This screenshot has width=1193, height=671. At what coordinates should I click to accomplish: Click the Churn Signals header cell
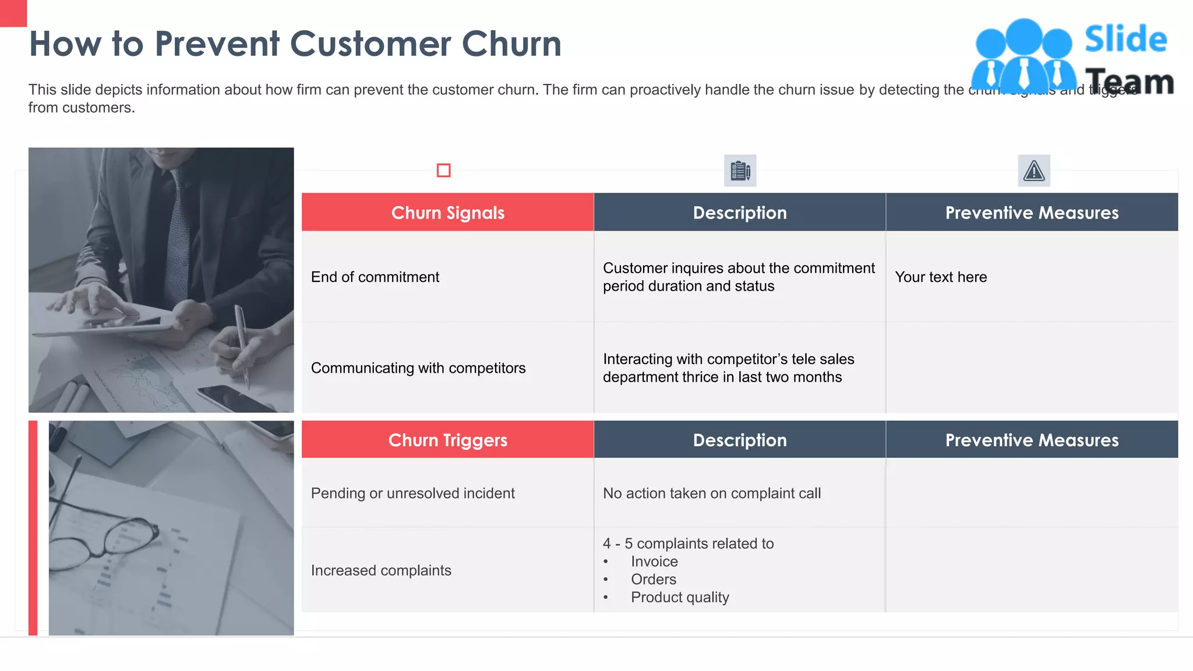[x=447, y=213]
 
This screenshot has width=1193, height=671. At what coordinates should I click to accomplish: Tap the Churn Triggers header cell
[x=447, y=440]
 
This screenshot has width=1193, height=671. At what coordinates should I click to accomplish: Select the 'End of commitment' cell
[x=375, y=277]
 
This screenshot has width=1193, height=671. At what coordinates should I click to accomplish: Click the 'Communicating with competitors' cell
[x=418, y=368]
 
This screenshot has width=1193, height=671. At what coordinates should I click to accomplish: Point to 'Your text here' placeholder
[x=941, y=277]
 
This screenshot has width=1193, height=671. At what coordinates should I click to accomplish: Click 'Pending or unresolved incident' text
[x=412, y=493]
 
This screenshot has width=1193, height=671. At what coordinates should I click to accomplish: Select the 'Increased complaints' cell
[x=381, y=570]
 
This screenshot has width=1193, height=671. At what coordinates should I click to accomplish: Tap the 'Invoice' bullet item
[x=654, y=561]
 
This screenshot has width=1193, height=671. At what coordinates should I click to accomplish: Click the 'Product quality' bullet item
[x=680, y=598]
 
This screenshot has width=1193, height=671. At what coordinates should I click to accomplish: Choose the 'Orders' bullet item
[x=654, y=580]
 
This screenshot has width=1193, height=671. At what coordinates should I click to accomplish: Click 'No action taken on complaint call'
[x=711, y=493]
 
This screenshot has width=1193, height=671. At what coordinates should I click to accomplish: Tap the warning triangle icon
[x=1034, y=171]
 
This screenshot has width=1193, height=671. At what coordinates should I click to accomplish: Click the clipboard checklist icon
[x=740, y=171]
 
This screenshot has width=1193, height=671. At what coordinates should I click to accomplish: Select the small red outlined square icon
[x=443, y=170]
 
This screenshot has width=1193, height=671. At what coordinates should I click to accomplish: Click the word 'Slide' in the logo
[x=1125, y=40]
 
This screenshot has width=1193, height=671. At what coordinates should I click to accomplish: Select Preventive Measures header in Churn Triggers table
[x=1032, y=440]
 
